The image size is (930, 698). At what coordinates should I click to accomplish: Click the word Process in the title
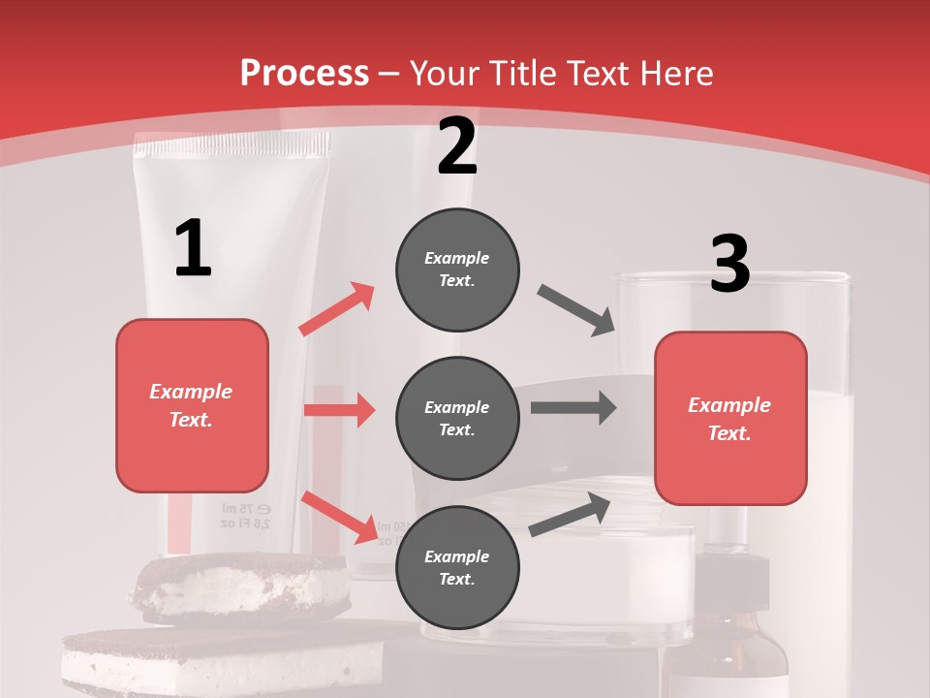[x=304, y=73]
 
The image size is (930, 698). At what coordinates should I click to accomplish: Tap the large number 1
[x=193, y=248]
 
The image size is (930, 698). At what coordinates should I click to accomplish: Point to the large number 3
[x=729, y=264]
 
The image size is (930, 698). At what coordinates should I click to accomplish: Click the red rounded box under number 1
[x=192, y=405]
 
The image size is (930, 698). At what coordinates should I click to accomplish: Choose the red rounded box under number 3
[x=730, y=418]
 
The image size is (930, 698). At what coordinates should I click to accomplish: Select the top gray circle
[x=457, y=269]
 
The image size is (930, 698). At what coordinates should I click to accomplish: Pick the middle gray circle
[x=457, y=418]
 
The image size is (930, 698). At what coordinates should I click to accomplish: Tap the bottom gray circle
[x=457, y=567]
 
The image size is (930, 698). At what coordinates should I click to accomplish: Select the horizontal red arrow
[x=339, y=410]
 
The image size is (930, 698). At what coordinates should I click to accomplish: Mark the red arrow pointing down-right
[x=339, y=517]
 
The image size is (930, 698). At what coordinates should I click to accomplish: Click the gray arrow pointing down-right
[x=576, y=310]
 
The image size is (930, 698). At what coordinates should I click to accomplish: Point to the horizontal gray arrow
[x=573, y=407]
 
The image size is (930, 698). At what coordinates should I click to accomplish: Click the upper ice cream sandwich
[x=242, y=586]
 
